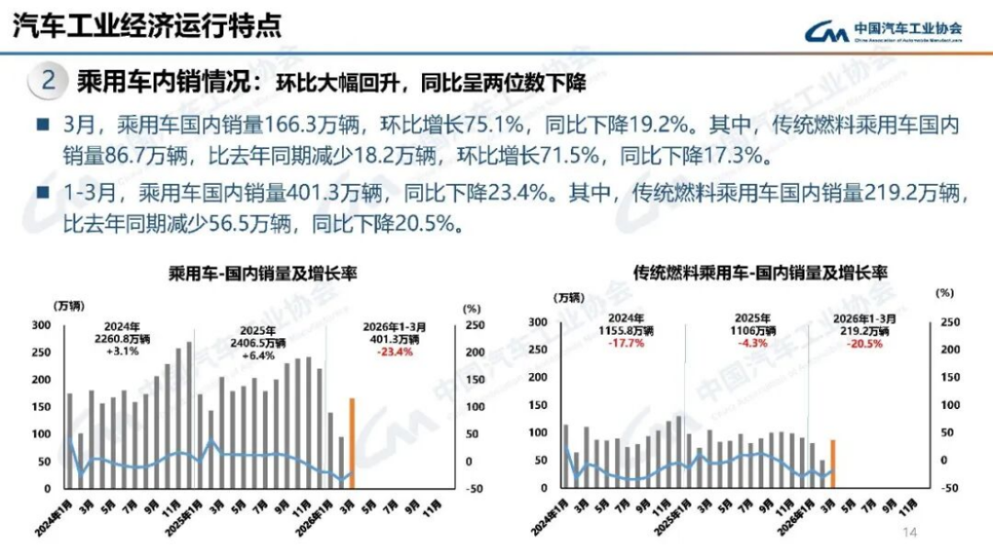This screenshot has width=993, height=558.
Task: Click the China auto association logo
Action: [884, 31]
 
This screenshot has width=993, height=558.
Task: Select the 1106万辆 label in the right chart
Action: [753, 331]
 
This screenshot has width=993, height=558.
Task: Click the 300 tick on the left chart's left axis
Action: [42, 325]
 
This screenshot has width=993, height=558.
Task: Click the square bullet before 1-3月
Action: [42, 193]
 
